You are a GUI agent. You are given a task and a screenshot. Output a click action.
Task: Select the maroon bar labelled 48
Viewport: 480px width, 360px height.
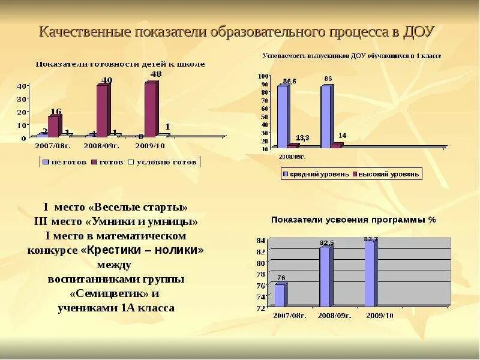(151, 109)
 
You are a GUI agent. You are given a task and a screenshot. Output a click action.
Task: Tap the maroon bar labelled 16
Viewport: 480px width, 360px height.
(54, 126)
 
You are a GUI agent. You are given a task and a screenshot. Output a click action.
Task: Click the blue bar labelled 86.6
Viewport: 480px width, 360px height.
(282, 116)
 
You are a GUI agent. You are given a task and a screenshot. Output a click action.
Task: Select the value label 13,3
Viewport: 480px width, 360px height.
(302, 138)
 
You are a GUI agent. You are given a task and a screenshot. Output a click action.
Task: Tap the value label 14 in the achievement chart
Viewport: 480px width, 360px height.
(342, 136)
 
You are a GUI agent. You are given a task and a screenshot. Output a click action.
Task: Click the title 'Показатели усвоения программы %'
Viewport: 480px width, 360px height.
(353, 220)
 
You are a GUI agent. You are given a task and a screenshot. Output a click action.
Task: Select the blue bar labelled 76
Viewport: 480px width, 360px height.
(280, 295)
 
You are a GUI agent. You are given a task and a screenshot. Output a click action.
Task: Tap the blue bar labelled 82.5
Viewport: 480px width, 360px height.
(325, 276)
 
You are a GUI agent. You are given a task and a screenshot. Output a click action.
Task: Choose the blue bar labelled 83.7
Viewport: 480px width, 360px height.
(370, 272)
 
